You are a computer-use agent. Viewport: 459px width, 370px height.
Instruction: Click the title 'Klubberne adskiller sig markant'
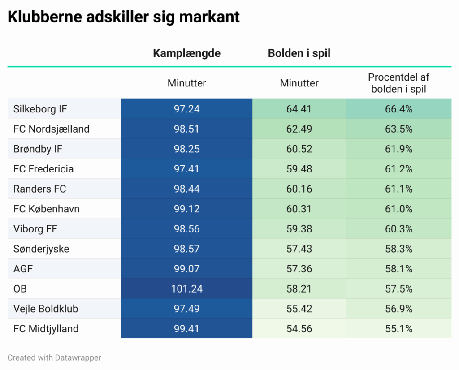click(x=124, y=17)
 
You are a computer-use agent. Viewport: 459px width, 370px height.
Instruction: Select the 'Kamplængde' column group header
click(x=186, y=53)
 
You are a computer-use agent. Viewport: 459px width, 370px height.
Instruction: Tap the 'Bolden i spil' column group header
click(x=299, y=53)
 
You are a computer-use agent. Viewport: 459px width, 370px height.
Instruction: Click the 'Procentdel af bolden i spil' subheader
click(x=398, y=83)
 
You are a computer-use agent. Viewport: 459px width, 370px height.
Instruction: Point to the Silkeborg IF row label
click(x=40, y=109)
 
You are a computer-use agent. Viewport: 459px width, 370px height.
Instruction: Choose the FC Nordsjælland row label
click(x=51, y=129)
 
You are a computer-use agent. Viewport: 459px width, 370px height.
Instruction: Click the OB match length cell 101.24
click(x=187, y=289)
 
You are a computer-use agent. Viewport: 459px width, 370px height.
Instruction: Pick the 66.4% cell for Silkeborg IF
click(x=398, y=109)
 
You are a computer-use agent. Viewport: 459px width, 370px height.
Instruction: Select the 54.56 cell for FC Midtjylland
click(x=299, y=329)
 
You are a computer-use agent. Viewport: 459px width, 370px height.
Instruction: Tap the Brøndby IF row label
click(x=38, y=149)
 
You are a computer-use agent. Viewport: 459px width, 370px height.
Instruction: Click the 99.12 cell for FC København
click(x=187, y=209)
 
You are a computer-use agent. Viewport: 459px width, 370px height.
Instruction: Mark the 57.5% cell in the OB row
click(x=398, y=289)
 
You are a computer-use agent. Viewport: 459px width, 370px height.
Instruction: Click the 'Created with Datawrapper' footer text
click(x=54, y=357)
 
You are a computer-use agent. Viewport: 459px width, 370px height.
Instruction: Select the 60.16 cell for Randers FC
click(x=299, y=189)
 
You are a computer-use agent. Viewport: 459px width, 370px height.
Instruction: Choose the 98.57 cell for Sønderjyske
click(x=187, y=249)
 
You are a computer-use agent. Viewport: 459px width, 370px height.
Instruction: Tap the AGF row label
click(x=23, y=269)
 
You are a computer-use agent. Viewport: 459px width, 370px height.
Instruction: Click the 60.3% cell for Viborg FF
click(x=398, y=229)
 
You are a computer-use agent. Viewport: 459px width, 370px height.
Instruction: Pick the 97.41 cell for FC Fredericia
click(x=187, y=169)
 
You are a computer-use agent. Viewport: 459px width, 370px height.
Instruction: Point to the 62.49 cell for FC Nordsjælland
click(x=299, y=129)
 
